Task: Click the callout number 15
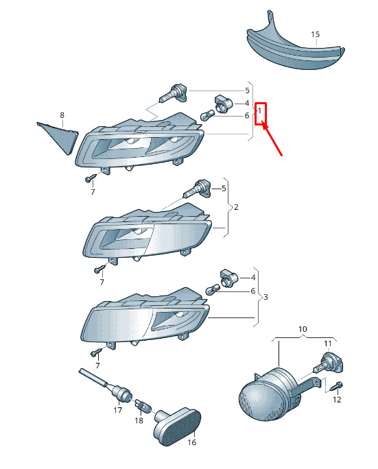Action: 315,34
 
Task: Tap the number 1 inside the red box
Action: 259,110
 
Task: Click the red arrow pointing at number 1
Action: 272,139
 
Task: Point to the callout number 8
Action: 62,115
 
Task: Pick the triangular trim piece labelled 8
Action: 59,138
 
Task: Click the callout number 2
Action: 236,207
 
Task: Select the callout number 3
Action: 265,297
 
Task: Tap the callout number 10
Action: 303,329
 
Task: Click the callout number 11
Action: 328,344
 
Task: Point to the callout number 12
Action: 337,400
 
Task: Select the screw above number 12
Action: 338,387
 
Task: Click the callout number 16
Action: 192,442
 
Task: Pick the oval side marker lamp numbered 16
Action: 177,426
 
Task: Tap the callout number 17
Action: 118,410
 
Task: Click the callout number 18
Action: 139,420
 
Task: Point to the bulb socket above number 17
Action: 122,394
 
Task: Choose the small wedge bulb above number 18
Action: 143,406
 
